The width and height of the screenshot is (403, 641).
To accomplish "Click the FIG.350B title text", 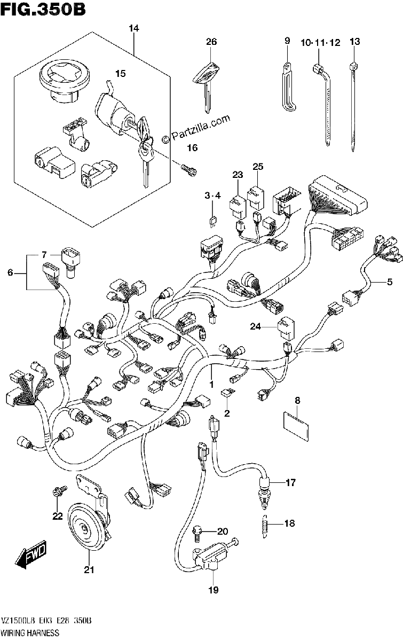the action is pyautogui.click(x=43, y=9).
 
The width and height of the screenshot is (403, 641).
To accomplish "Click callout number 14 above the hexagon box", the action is pyautogui.click(x=134, y=28).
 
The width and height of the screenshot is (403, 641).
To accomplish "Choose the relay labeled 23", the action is pyautogui.click(x=238, y=206).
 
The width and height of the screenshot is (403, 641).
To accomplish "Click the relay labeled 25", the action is pyautogui.click(x=256, y=199).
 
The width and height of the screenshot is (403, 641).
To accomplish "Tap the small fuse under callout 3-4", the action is pyautogui.click(x=212, y=221).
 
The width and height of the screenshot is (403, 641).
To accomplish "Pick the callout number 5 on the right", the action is pyautogui.click(x=390, y=282).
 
